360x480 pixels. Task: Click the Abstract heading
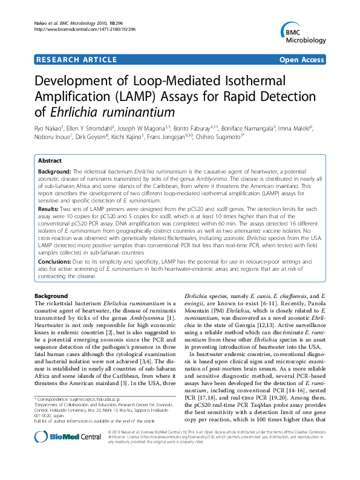[x=50, y=161]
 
